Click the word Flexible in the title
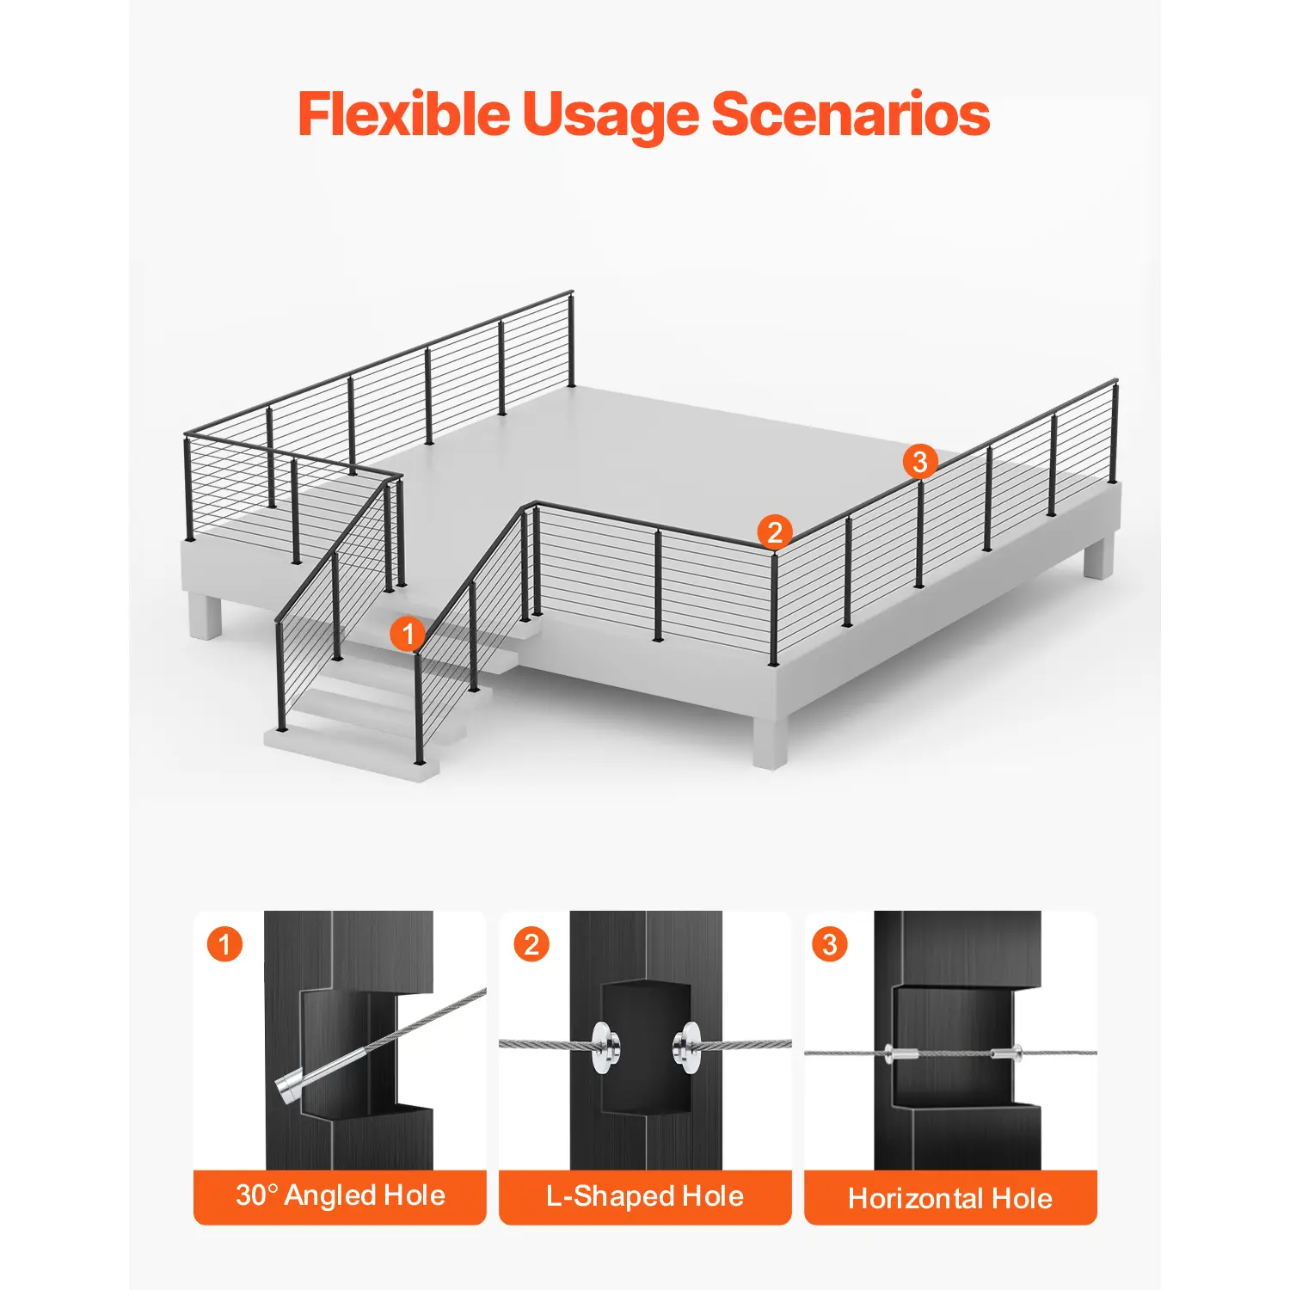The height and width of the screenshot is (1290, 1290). point(404,114)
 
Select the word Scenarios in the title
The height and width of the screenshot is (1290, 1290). point(851,114)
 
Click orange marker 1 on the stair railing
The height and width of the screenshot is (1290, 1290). point(408,635)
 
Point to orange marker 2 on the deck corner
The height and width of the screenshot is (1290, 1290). point(775,532)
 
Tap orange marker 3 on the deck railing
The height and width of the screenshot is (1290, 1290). point(920,462)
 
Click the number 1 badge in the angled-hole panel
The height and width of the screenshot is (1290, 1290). point(224,944)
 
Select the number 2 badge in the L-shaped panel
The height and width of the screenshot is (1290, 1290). point(531,944)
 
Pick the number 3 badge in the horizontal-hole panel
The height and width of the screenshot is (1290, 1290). point(830,944)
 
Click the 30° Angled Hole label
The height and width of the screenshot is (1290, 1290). point(341,1195)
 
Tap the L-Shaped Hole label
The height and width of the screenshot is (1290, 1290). point(645,1195)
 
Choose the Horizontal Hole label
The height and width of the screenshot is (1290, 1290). point(950,1198)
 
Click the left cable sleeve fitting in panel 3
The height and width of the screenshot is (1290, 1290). point(900,1053)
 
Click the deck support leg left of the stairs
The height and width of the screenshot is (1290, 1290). point(206,616)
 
